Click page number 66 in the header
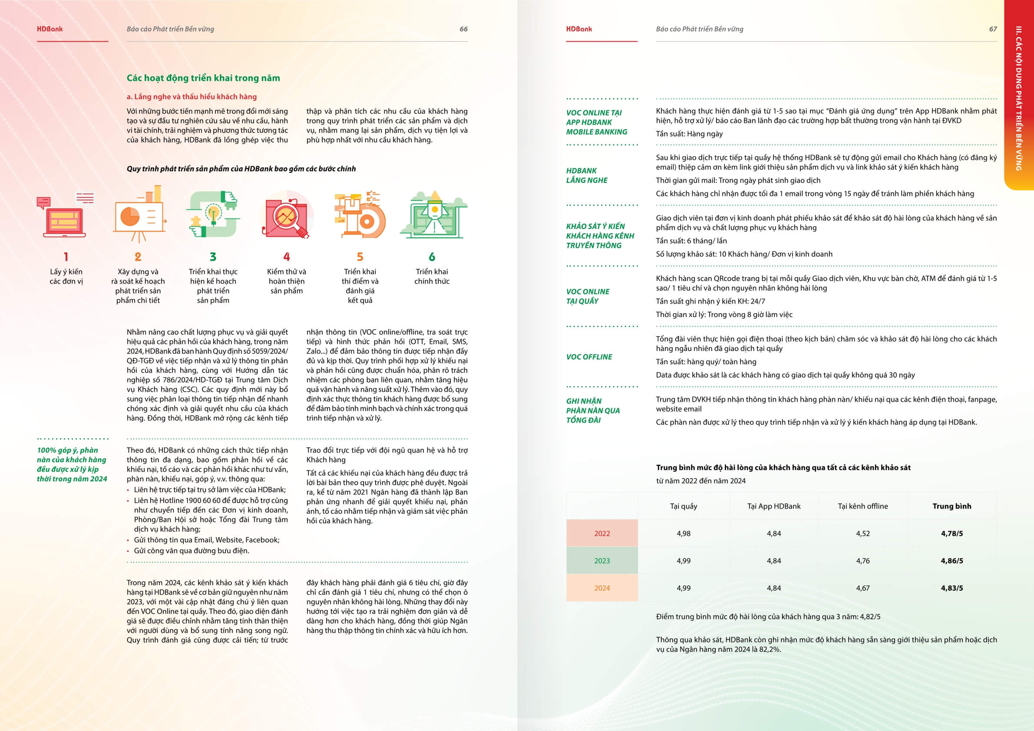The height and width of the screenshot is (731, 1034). (463, 29)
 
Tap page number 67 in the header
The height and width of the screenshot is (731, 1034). (993, 29)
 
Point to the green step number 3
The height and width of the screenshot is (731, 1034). (213, 257)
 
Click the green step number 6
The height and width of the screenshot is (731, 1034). (432, 257)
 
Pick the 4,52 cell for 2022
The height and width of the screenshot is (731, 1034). (862, 533)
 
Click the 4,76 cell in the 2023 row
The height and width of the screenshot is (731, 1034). (862, 561)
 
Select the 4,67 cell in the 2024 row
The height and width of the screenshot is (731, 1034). (862, 588)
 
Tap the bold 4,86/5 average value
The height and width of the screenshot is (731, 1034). (951, 561)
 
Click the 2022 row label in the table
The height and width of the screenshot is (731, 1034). (601, 533)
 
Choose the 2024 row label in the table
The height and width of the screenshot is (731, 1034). (601, 588)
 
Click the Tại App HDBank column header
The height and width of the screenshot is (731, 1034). (774, 506)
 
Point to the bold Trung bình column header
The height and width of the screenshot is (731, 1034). (951, 506)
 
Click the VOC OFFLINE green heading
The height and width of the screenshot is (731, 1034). (589, 357)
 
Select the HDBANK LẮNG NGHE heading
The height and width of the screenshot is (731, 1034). (586, 175)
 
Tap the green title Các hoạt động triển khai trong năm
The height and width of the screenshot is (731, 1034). (203, 78)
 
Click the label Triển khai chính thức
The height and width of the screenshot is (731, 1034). (432, 276)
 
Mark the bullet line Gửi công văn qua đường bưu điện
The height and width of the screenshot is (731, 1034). (191, 550)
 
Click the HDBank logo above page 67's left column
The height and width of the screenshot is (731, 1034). (579, 29)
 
